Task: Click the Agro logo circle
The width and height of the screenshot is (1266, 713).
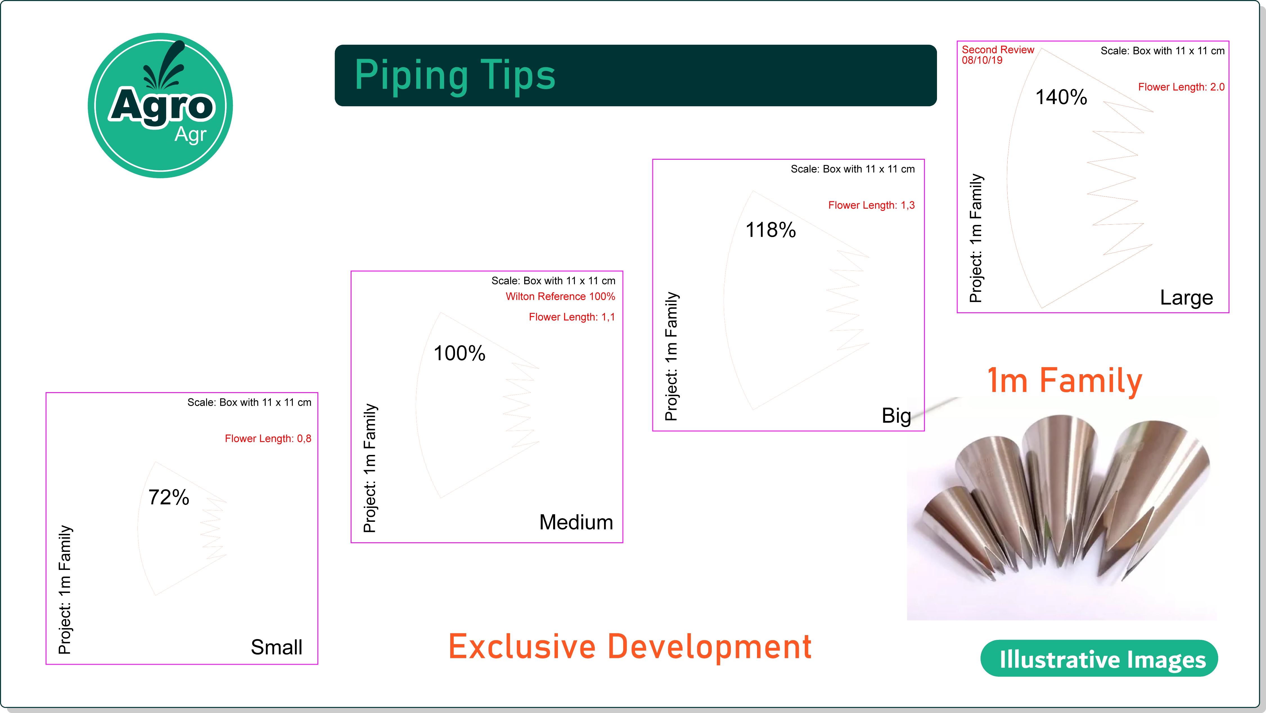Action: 160,106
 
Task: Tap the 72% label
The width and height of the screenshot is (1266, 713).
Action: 168,497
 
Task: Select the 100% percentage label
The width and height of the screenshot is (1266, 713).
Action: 459,353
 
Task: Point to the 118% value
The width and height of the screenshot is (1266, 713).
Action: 771,230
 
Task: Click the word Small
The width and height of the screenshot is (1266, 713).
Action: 277,647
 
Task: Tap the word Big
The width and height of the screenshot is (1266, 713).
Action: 896,416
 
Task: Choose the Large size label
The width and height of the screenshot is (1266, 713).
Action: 1186,298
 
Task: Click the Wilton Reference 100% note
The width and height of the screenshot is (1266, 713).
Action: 560,296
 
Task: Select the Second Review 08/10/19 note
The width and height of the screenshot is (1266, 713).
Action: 998,55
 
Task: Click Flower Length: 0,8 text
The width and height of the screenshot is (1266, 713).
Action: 268,438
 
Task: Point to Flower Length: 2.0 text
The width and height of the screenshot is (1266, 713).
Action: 1181,87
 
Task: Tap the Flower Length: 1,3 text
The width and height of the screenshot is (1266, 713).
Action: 871,206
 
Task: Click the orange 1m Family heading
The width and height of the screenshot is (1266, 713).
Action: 1064,381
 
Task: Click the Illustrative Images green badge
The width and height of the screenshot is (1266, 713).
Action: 1099,658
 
